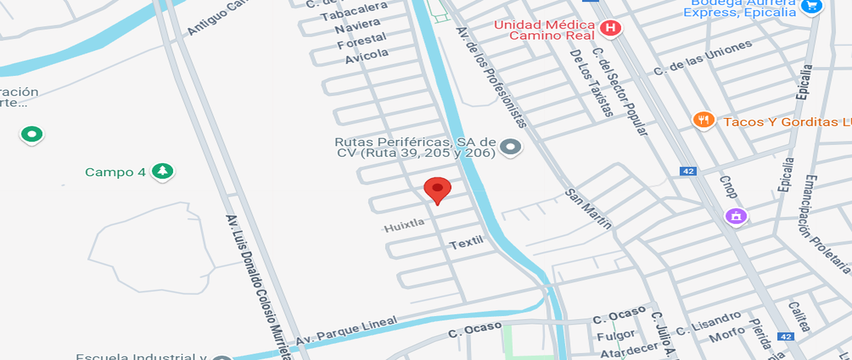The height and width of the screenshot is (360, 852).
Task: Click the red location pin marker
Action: click(437, 190)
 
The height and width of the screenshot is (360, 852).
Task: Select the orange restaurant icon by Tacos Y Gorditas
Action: click(703, 120)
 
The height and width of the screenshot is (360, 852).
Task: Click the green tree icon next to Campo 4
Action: click(163, 171)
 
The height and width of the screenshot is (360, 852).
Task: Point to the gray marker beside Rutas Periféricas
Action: click(510, 147)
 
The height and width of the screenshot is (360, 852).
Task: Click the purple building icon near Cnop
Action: click(736, 215)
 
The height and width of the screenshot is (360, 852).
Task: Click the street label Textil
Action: click(466, 243)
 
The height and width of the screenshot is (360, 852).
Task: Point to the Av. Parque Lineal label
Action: click(346, 331)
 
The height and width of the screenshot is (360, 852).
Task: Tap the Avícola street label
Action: click(367, 55)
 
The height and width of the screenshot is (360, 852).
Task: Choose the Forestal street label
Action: click(361, 40)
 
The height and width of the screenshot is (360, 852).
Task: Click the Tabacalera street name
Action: click(354, 11)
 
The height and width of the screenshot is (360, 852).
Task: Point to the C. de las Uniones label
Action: click(702, 59)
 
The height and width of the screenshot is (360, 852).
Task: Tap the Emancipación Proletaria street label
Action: click(827, 223)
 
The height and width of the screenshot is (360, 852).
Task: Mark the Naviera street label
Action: click(352, 27)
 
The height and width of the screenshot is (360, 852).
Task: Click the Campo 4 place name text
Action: click(109, 172)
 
